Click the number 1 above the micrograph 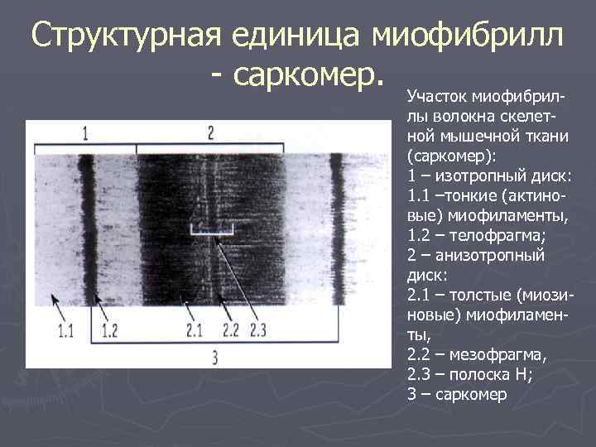click(x=85, y=132)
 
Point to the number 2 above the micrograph click(x=211, y=132)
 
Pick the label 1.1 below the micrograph click(x=66, y=331)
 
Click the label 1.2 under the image click(x=110, y=331)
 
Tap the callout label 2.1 click(x=194, y=331)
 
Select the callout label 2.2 click(x=230, y=331)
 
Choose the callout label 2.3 click(x=257, y=331)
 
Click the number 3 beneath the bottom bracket click(x=215, y=358)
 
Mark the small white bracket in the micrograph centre click(x=208, y=231)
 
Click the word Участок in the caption click(x=434, y=99)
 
